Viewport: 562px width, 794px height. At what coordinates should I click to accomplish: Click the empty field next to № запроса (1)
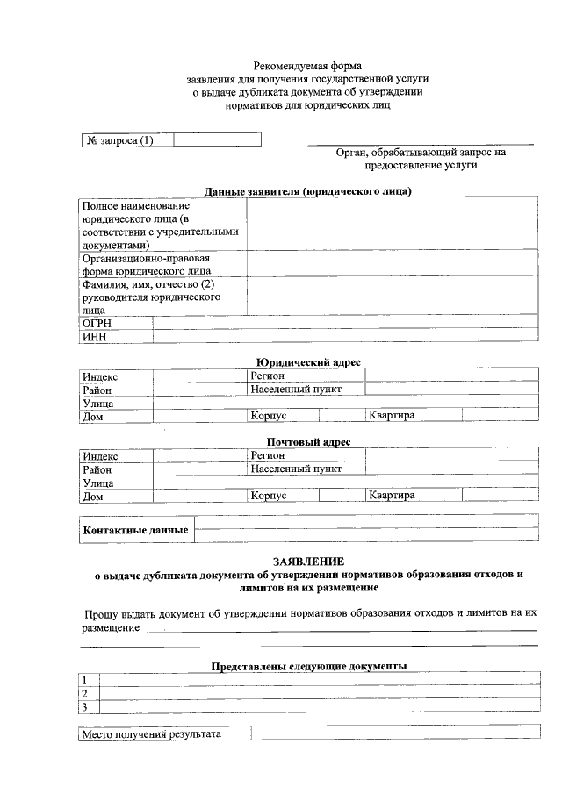[217, 139]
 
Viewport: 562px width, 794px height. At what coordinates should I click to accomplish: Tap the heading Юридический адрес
[308, 362]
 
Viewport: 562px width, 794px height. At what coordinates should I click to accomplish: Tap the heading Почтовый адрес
[308, 442]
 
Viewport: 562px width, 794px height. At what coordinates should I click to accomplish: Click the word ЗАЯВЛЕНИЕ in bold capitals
[308, 562]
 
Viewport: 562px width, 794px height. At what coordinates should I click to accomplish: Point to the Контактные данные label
[135, 530]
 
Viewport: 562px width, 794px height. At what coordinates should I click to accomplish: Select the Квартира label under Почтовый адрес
[392, 495]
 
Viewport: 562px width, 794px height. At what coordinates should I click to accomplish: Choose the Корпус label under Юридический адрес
[269, 415]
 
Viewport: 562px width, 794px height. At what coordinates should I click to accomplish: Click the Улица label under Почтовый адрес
[98, 483]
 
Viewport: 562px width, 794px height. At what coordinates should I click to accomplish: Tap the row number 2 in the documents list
[84, 693]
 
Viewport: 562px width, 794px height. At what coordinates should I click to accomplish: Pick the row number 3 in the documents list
[84, 706]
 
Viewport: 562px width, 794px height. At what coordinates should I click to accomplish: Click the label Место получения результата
[152, 733]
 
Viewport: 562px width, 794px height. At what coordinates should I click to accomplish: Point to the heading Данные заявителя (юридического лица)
[308, 191]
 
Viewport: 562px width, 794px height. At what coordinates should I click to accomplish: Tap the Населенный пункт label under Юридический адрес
[295, 389]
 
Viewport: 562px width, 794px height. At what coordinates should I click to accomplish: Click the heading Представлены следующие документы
[308, 667]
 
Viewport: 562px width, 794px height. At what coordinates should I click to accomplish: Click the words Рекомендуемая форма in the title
[307, 66]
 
